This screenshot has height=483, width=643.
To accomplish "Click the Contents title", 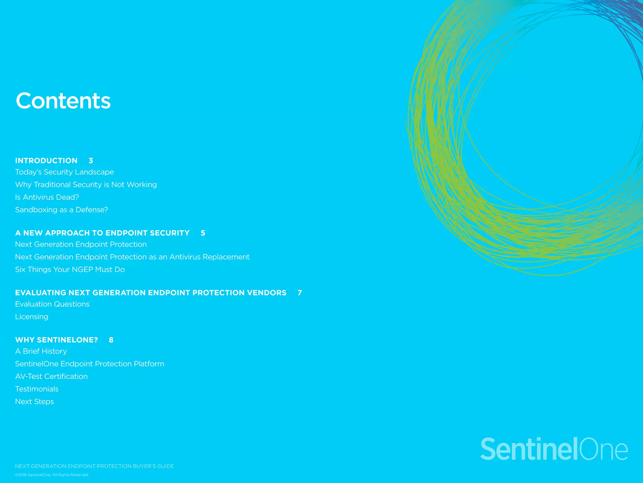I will click(x=63, y=101).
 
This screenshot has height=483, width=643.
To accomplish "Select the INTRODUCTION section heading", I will click(x=46, y=161).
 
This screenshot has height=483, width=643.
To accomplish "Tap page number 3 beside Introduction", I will click(x=91, y=161).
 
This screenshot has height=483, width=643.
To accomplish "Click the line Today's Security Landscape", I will click(x=64, y=172).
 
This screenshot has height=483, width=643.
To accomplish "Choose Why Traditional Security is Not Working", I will click(x=86, y=185).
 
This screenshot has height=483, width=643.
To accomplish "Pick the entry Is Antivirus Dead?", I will click(x=47, y=197).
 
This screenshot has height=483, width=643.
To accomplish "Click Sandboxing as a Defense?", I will click(x=62, y=210).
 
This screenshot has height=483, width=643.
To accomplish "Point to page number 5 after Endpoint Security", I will click(x=203, y=233).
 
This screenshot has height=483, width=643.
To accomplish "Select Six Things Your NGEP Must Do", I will click(x=70, y=269).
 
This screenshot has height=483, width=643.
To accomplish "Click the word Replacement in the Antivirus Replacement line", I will click(x=226, y=257).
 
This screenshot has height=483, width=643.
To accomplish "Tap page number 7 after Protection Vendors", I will click(x=300, y=293).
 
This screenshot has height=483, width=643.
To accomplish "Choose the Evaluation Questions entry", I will click(x=52, y=304).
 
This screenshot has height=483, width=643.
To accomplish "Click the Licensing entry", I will click(x=32, y=317).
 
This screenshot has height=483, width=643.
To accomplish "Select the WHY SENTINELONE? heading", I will click(x=57, y=340).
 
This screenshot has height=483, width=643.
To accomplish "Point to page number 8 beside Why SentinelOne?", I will click(x=111, y=340).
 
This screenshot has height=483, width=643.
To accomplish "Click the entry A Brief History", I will click(x=41, y=351).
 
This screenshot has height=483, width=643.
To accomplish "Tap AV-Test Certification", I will click(x=51, y=376).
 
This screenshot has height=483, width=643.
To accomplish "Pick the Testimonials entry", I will click(x=37, y=389).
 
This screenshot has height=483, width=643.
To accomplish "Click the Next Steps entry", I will click(x=34, y=402).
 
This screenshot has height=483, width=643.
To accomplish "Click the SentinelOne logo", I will click(x=554, y=449).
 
